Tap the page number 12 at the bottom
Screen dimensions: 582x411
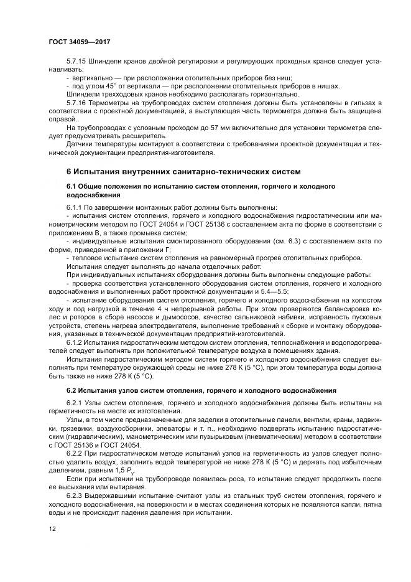click(x=52, y=528)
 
